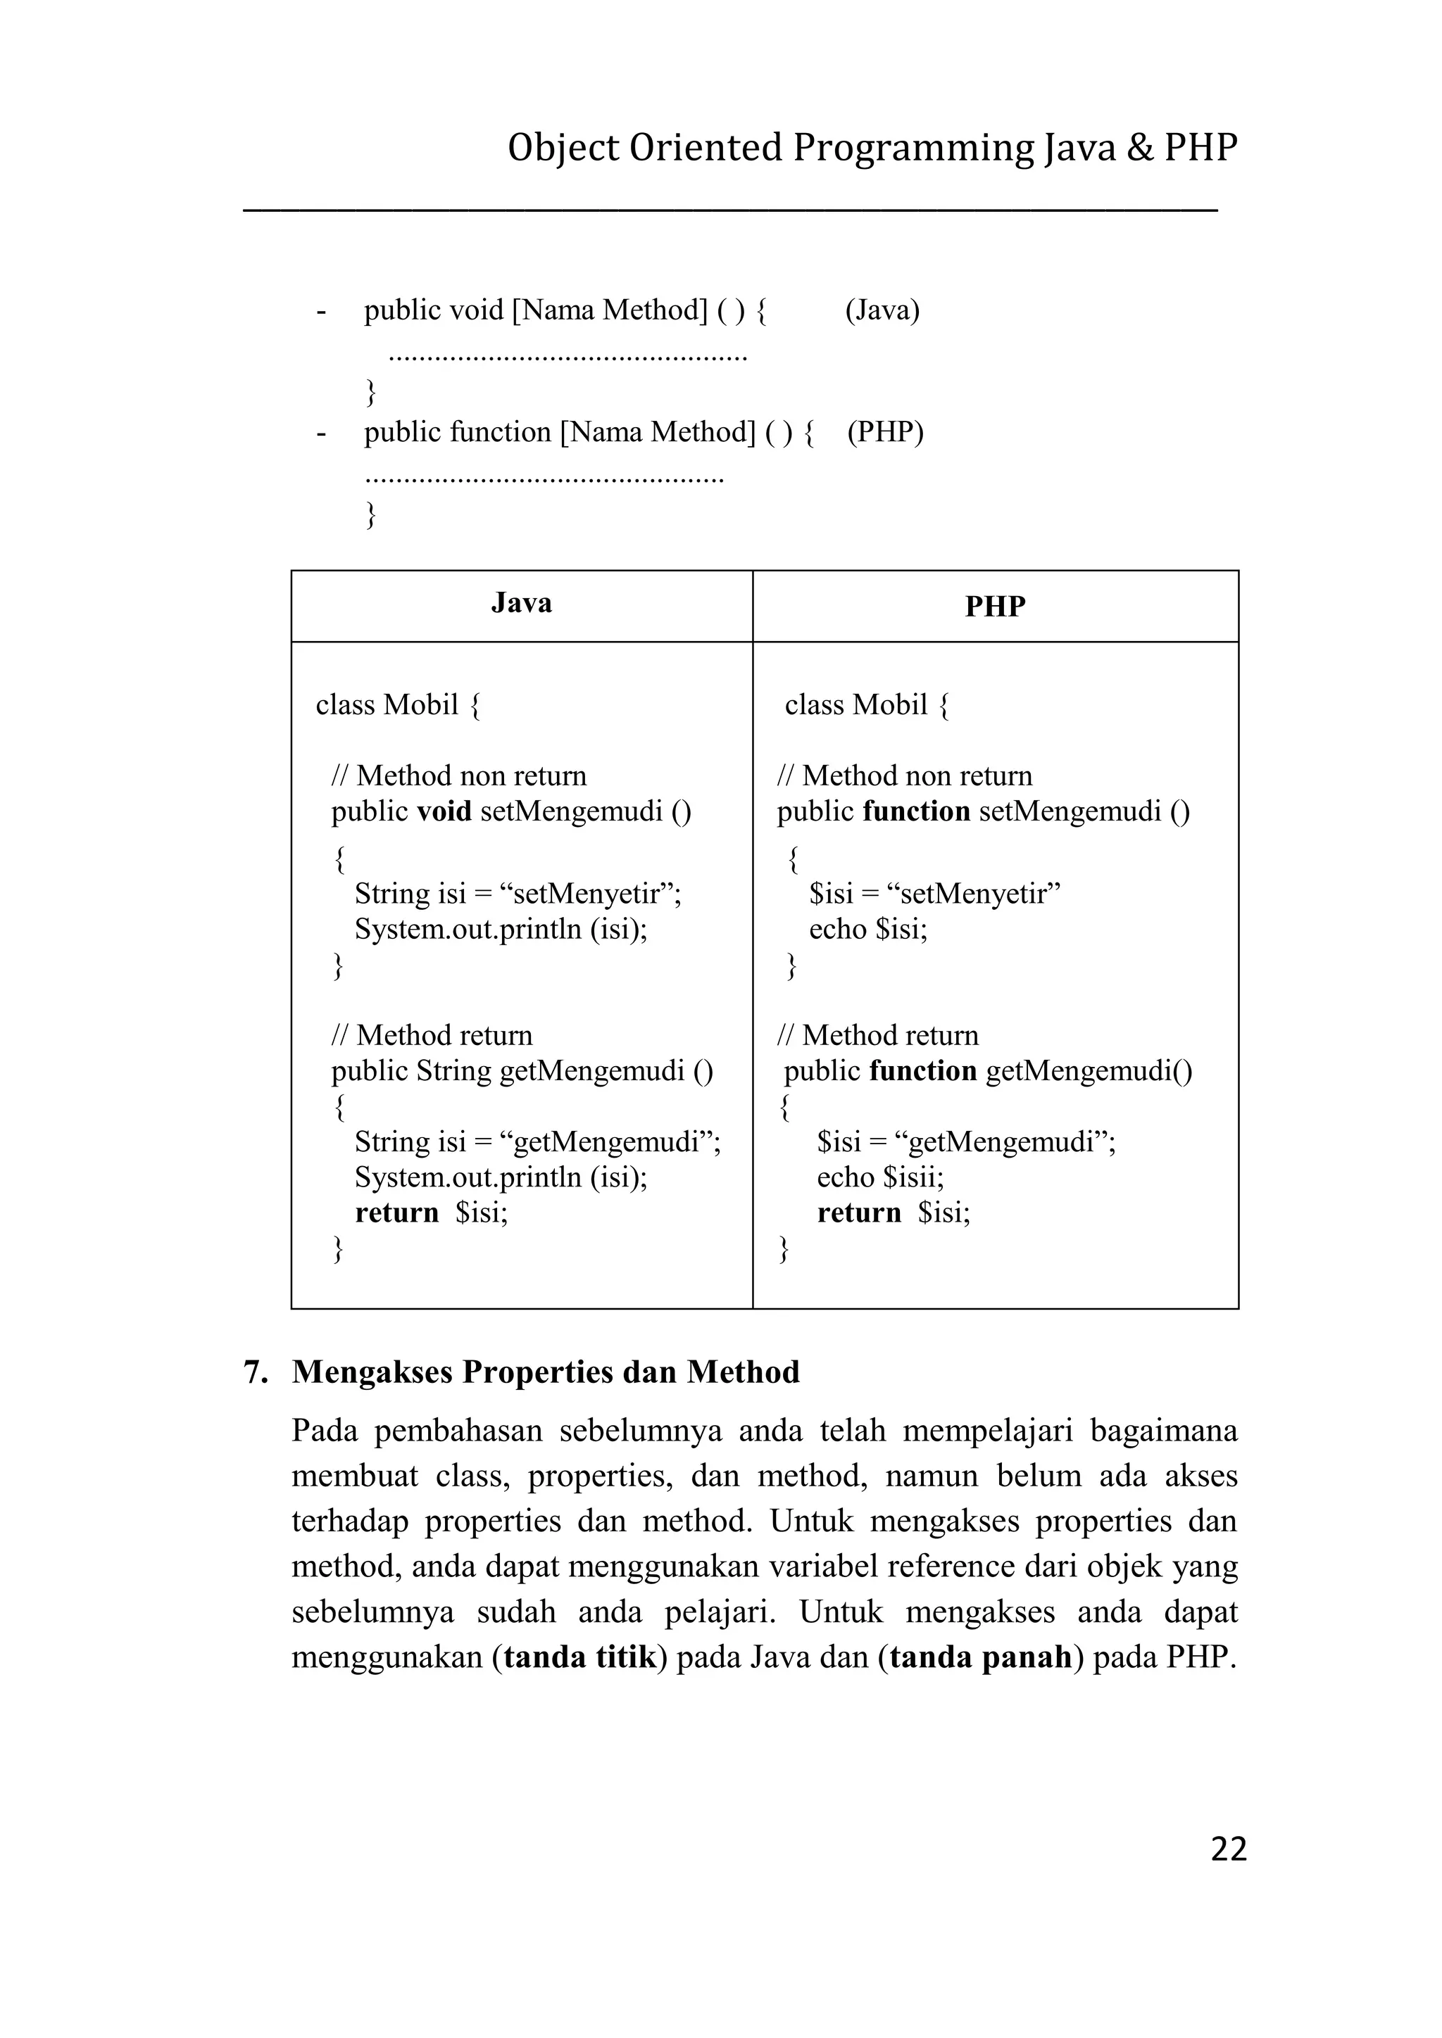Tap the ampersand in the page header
click(x=1140, y=147)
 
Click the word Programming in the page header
click(x=914, y=147)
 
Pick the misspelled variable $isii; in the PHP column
click(x=914, y=1178)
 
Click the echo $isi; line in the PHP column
click(x=867, y=930)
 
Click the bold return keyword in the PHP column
click(x=858, y=1213)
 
